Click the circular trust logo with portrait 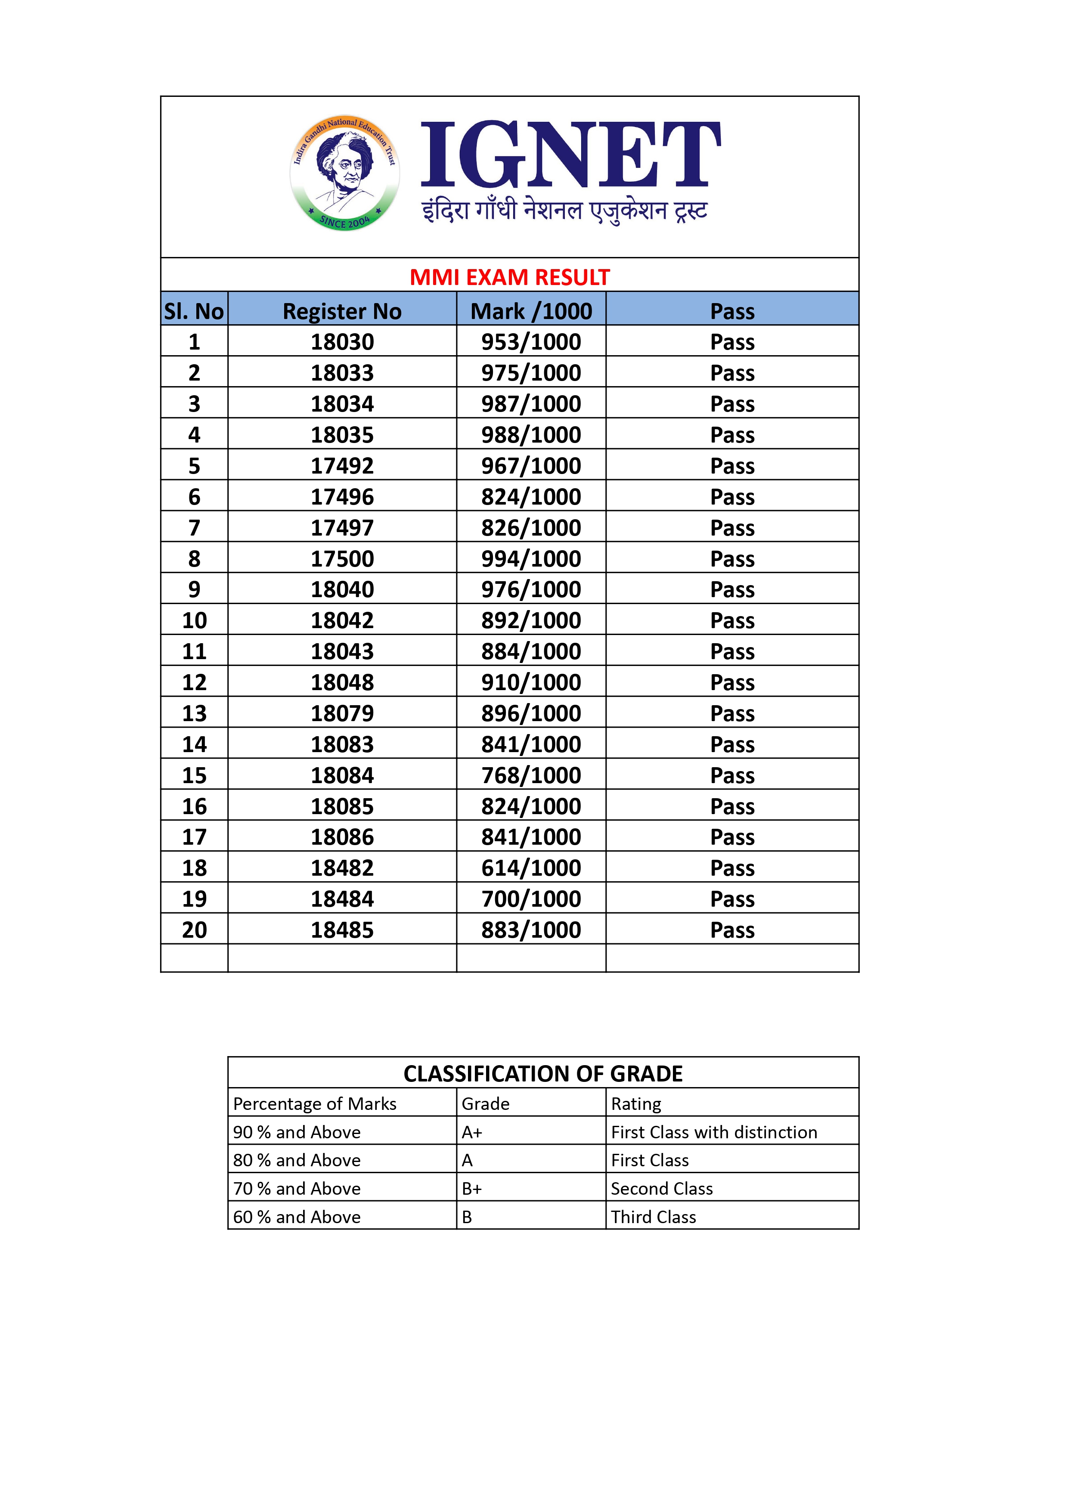[344, 173]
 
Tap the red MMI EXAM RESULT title [509, 277]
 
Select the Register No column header [342, 311]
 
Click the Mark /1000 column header [531, 311]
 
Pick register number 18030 [342, 342]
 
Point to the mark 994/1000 [531, 558]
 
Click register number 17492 [342, 465]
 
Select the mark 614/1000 [531, 868]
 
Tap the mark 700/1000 [531, 899]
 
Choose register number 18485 [342, 930]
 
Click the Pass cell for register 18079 [732, 713]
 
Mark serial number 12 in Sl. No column [194, 682]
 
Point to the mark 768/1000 [531, 775]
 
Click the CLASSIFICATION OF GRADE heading [543, 1074]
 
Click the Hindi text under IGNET [564, 211]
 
